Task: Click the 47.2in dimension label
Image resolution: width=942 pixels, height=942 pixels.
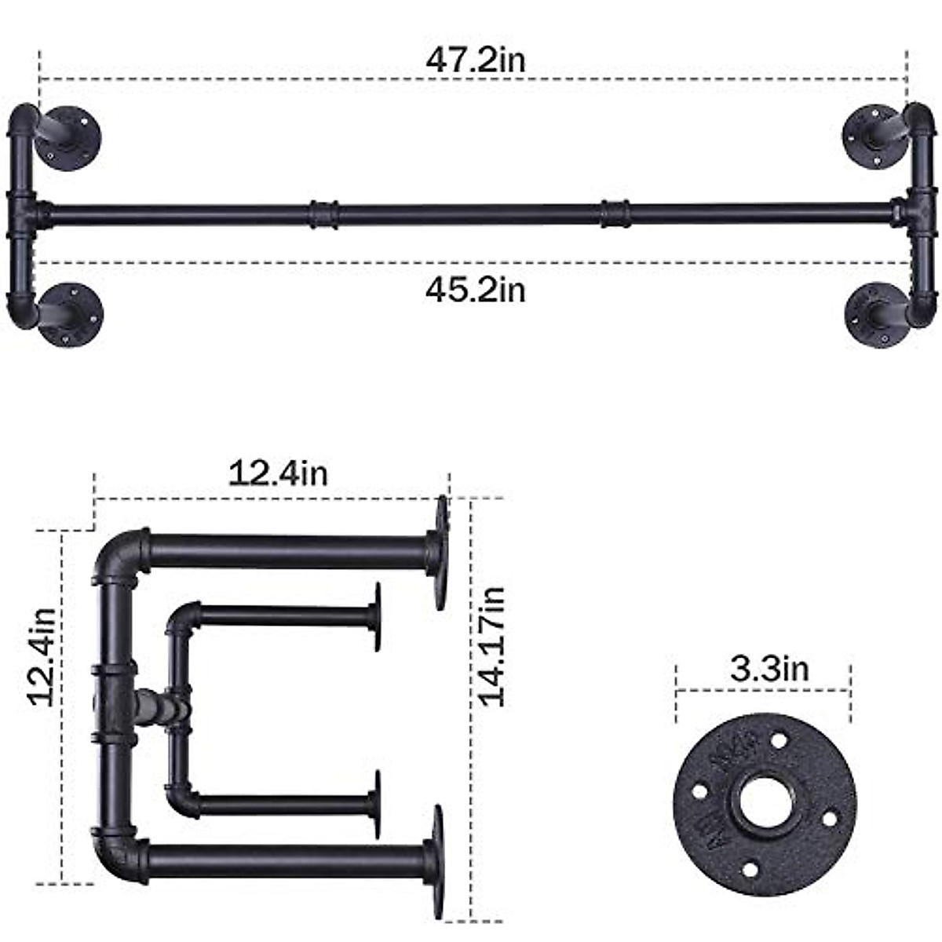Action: click(x=475, y=60)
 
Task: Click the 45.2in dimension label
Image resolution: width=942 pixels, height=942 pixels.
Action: click(x=475, y=290)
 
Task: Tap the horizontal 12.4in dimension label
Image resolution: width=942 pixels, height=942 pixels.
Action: click(x=278, y=473)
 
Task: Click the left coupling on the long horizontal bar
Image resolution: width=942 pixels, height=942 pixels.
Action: click(x=323, y=214)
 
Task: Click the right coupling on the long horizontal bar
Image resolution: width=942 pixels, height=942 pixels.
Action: click(x=615, y=214)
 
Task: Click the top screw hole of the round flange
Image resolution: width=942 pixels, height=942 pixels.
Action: click(x=778, y=739)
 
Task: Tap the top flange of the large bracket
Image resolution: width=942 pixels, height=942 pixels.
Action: click(x=440, y=553)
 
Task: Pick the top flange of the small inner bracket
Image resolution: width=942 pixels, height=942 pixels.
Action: click(x=378, y=617)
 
